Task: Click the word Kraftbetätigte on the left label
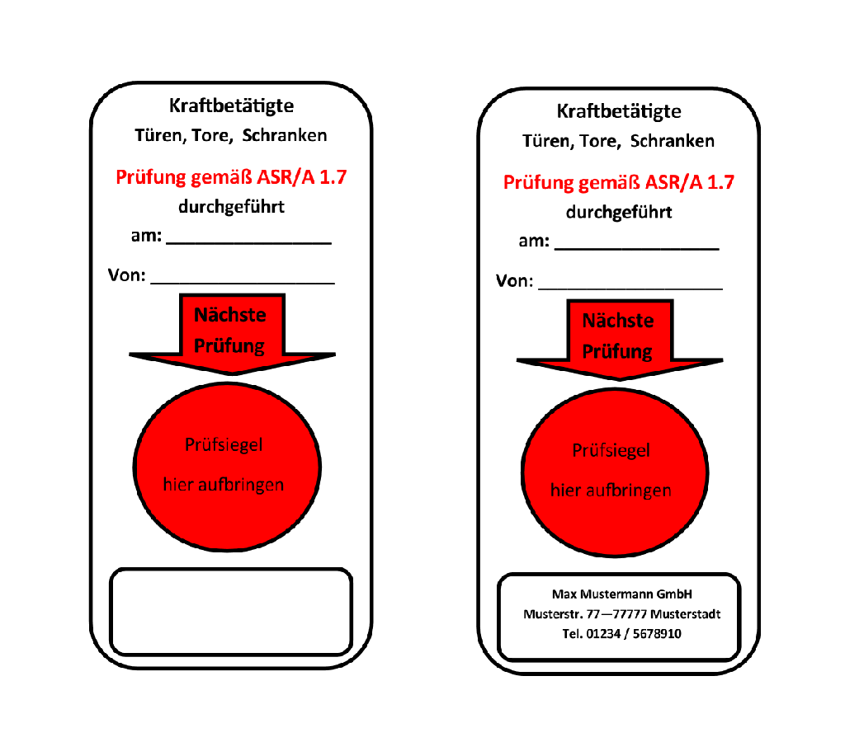[231, 106]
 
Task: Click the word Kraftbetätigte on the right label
[619, 111]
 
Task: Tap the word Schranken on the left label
[285, 135]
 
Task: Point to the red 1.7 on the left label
[333, 177]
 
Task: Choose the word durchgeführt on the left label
[231, 207]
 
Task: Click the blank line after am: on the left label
[249, 244]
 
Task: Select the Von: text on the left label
[126, 275]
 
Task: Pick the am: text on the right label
[534, 242]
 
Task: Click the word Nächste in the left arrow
[230, 315]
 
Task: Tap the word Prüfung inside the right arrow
[617, 351]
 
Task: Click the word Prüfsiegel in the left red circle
[224, 444]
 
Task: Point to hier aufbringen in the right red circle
[611, 491]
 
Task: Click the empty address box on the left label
[231, 612]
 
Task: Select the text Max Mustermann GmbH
[622, 594]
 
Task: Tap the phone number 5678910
[657, 634]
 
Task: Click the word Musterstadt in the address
[686, 614]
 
